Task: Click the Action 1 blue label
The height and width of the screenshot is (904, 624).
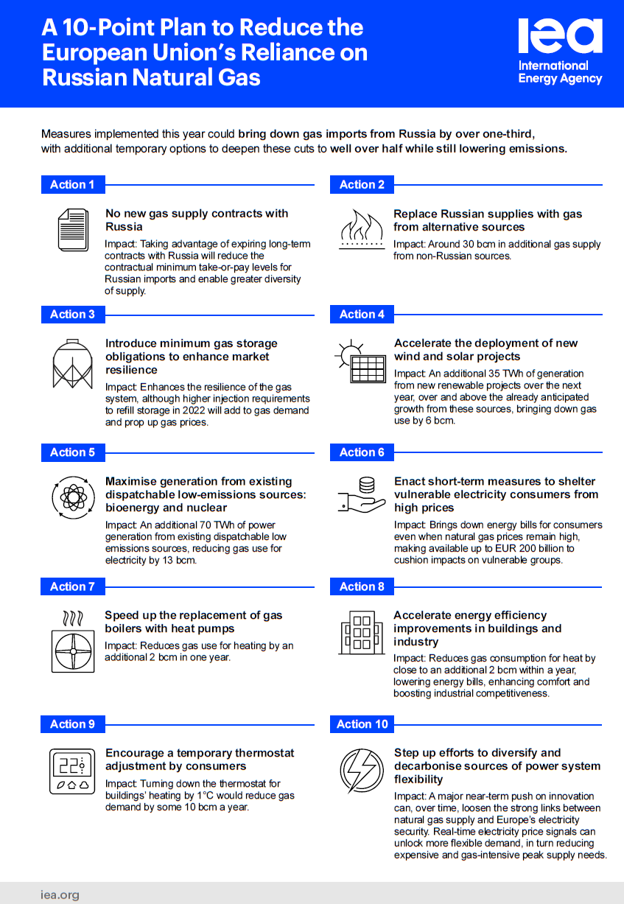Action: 72,185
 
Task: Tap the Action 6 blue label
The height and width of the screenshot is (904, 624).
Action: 362,452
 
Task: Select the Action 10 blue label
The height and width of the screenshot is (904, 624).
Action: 362,724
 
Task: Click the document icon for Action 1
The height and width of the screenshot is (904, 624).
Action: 73,229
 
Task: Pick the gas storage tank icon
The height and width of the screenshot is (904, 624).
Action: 72,363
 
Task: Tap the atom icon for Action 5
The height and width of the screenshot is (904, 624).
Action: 72,498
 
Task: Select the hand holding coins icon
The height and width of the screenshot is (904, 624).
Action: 362,495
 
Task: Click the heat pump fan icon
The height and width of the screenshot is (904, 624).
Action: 72,641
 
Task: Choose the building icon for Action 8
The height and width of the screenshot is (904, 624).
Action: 362,631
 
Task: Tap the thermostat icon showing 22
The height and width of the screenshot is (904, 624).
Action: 72,772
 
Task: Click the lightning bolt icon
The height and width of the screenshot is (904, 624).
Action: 362,771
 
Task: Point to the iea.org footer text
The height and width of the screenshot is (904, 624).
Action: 60,895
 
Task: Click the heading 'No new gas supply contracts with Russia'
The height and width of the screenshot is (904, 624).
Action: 197,220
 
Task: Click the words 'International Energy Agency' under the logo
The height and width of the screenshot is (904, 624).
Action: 560,72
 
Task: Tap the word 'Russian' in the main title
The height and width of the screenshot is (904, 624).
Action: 83,77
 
